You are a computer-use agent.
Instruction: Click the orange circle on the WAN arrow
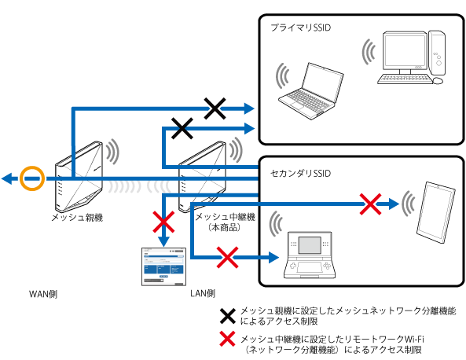[31, 179]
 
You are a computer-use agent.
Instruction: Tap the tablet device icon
[435, 211]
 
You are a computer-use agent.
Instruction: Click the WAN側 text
[44, 294]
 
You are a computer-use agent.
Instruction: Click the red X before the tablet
[370, 204]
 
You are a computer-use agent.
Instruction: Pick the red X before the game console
[227, 255]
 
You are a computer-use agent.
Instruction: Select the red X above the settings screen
[163, 222]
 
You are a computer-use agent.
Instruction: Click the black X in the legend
[227, 316]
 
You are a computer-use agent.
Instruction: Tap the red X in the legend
[227, 341]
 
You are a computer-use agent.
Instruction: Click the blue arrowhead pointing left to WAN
[7, 179]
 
